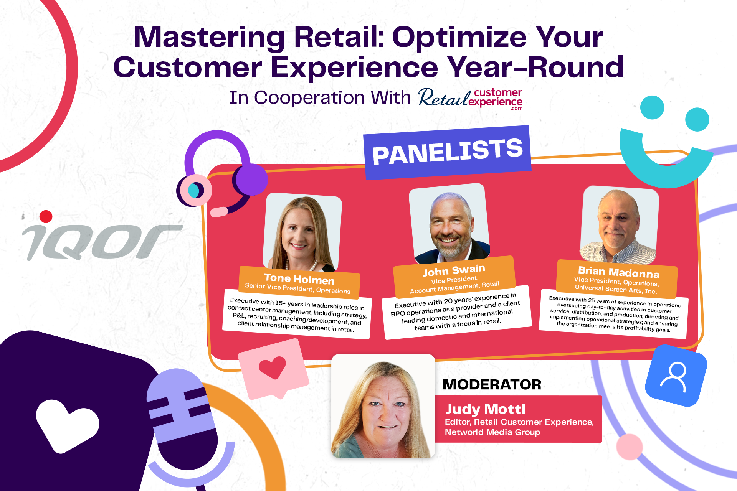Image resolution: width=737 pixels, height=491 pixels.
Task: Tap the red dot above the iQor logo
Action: coord(46,216)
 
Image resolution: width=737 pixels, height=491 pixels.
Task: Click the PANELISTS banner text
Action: coord(447,152)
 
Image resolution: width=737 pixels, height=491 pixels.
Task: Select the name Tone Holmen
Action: coord(299,278)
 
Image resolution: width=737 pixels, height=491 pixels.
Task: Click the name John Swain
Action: coord(454,270)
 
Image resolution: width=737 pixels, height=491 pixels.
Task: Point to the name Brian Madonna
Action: coord(618,272)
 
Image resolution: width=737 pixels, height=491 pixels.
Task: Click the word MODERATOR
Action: coord(492,384)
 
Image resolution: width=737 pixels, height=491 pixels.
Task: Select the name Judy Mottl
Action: coord(485,409)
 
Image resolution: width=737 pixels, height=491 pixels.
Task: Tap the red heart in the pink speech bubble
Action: coord(273,367)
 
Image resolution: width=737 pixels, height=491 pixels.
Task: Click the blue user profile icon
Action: coord(676,376)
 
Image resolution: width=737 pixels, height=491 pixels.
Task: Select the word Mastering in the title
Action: coord(209,38)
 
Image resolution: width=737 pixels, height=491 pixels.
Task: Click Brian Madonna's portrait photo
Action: coord(619,225)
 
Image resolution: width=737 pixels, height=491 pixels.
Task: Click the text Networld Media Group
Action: coord(492,432)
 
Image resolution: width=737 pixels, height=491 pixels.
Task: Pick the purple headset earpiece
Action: coord(251,180)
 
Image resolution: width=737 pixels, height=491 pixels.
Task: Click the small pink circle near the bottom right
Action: coord(629,447)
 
